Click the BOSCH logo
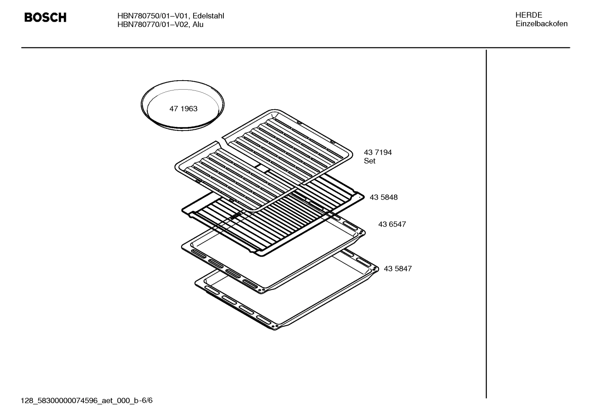[45, 18]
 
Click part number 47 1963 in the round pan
[183, 109]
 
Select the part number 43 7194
[378, 152]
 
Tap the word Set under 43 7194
[369, 161]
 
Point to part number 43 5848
[383, 197]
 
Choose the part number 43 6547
[392, 224]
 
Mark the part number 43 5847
[398, 269]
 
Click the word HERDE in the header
[529, 15]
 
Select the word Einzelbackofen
[541, 24]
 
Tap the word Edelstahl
[208, 16]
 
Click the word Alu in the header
[198, 25]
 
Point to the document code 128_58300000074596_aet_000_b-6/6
[87, 400]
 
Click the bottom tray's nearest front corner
[277, 328]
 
